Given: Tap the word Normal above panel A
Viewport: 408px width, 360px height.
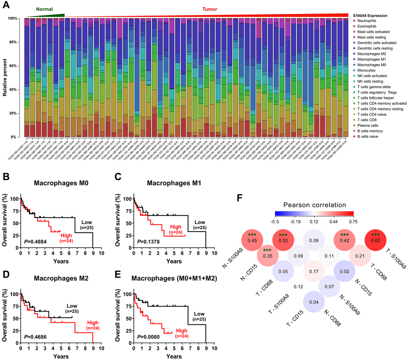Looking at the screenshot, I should pos(45,8).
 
